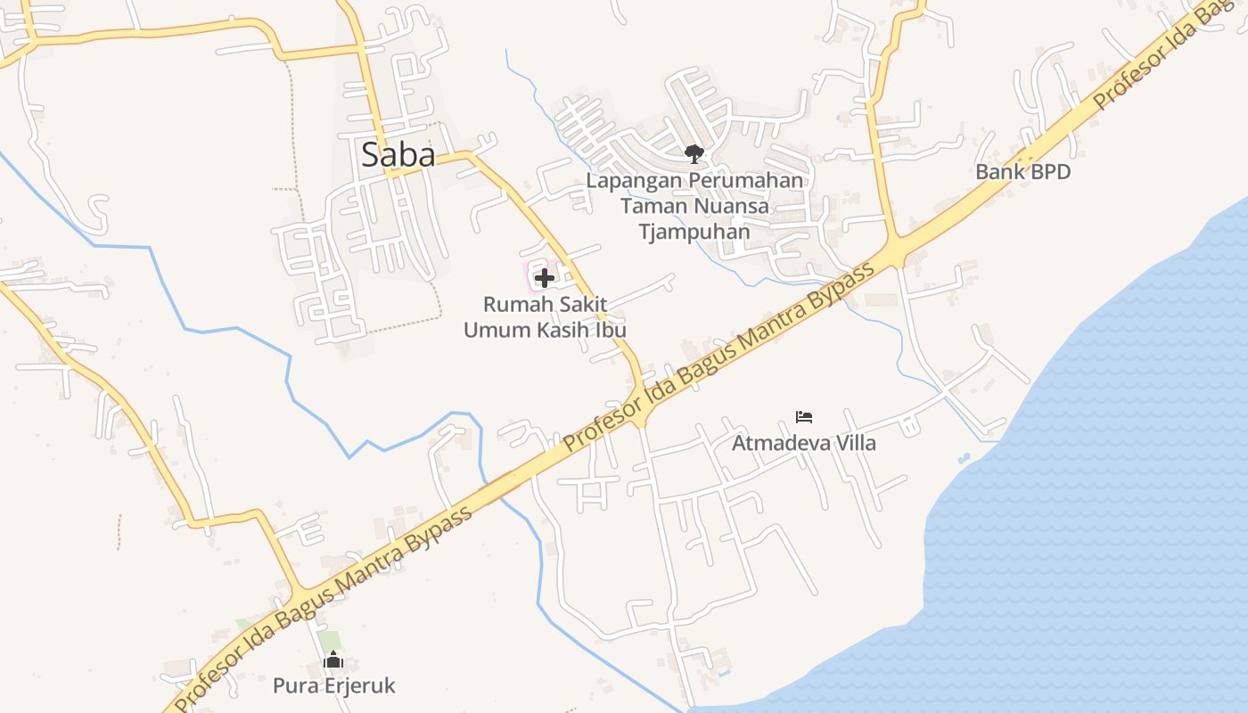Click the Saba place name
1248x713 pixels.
[x=398, y=155]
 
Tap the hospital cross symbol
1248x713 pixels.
[x=545, y=278]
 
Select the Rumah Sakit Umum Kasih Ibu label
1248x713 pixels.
[x=545, y=317]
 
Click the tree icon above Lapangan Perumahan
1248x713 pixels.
[x=694, y=154]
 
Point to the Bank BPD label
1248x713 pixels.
[x=1022, y=172]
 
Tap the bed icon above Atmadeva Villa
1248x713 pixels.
[x=804, y=416]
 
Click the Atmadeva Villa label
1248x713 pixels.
[x=803, y=443]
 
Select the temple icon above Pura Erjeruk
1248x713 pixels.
[x=333, y=660]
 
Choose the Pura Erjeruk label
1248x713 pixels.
[x=333, y=686]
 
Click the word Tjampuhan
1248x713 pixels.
[x=694, y=233]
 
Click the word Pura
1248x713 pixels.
[x=293, y=686]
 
